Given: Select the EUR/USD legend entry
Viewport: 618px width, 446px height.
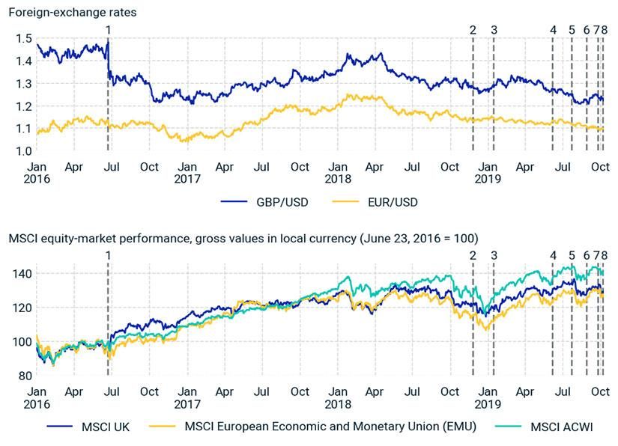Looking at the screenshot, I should [x=393, y=202].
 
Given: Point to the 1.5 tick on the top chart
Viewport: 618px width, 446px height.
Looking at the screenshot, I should [x=23, y=38].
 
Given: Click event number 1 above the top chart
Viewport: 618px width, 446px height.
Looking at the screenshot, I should [x=109, y=29].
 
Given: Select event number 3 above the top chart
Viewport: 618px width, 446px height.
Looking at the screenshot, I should [x=494, y=29].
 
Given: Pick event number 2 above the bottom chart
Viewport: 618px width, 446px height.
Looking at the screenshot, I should [x=473, y=254].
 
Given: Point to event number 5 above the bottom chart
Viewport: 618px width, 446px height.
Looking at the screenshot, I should [x=572, y=254].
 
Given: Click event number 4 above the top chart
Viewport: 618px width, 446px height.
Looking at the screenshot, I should [x=553, y=29].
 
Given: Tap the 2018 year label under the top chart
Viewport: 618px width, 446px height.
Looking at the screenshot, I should [x=339, y=178].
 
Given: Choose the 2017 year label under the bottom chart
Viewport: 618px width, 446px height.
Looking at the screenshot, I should [x=187, y=403].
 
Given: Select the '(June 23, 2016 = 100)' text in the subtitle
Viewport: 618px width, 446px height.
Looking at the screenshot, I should [x=416, y=238].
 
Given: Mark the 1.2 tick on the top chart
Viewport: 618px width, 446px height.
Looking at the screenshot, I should [x=23, y=106].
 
